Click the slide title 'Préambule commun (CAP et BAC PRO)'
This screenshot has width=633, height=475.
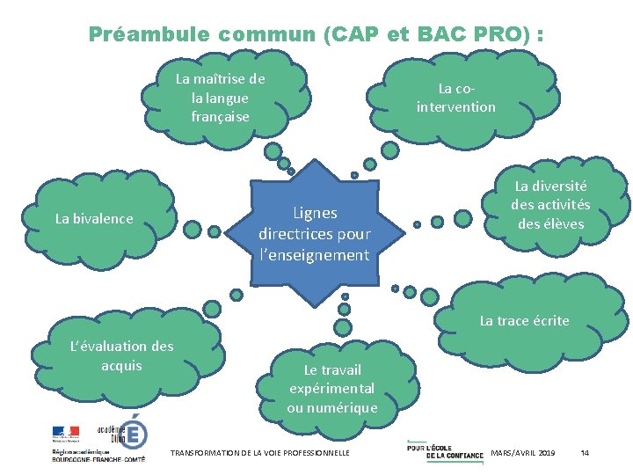coord(316,34)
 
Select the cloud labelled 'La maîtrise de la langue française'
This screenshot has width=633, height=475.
coord(220,98)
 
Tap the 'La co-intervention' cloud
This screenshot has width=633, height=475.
coord(455,98)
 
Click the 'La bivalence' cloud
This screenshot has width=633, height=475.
coord(94,218)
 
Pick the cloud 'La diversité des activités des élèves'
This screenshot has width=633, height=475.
coord(551,205)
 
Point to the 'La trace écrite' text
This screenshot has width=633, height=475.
coord(524,321)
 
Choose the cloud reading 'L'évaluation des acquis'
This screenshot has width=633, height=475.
coord(121,356)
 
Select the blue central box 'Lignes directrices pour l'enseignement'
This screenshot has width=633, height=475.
coord(314,233)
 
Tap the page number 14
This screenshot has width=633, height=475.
coord(586,452)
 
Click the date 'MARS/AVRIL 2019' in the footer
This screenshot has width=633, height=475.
coord(523,452)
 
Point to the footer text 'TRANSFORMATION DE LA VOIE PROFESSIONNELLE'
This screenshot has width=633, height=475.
coord(259,453)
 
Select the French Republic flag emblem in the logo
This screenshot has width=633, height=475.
coord(65,433)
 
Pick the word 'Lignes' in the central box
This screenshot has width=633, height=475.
coord(315,212)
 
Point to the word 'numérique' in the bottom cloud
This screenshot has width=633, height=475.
coord(332,407)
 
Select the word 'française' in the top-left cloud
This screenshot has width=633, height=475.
coord(220,116)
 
